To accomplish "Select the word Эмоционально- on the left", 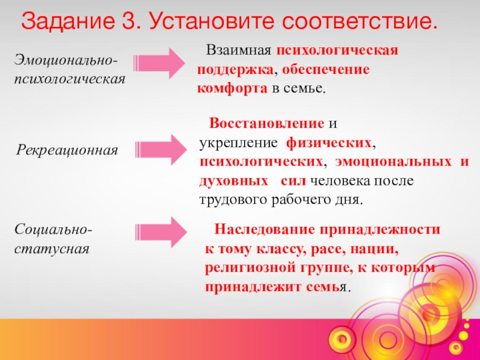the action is pyautogui.click(x=66, y=61).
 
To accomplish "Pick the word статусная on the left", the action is pyautogui.click(x=52, y=248).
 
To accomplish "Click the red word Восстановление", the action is pyautogui.click(x=266, y=124).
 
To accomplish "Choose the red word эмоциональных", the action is pyautogui.click(x=394, y=163).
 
